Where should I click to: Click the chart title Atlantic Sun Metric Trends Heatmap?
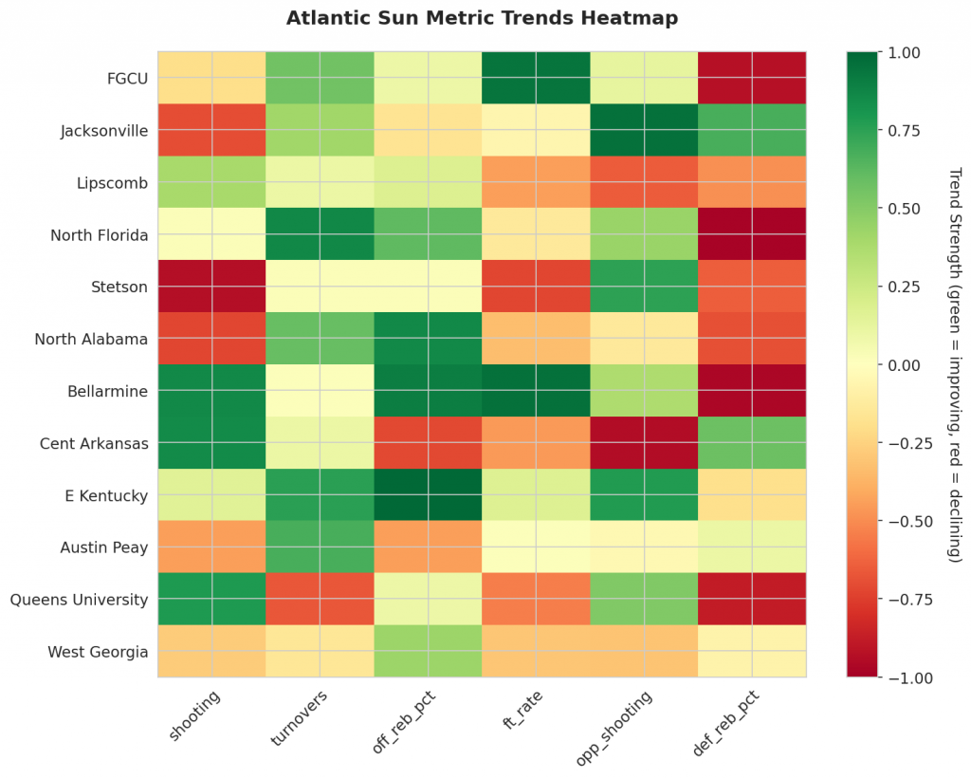pos(482,18)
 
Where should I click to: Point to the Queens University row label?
pos(79,600)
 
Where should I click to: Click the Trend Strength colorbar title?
pos(955,364)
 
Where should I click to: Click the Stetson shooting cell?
pos(211,287)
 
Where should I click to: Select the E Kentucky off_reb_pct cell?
pos(428,495)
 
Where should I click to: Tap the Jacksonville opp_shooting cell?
pos(644,130)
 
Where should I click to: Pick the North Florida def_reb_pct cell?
pos(752,234)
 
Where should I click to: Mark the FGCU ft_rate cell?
pos(536,78)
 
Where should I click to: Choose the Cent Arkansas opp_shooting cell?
pos(644,443)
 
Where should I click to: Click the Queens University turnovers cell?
pos(320,600)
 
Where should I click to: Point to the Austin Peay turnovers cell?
pos(320,547)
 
